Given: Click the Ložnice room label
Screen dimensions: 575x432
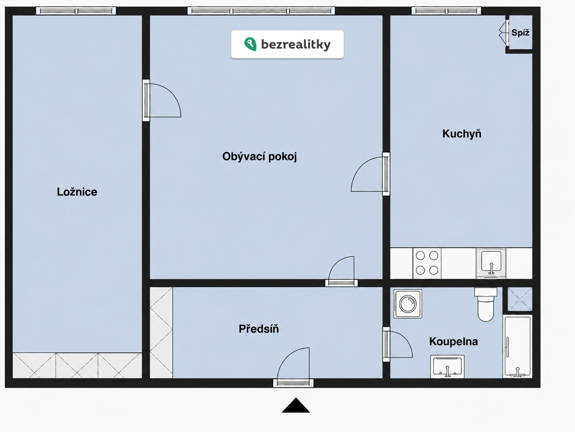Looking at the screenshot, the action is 77,192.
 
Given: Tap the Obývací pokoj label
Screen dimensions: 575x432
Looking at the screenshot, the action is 260,157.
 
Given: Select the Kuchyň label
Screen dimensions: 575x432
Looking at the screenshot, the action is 462,134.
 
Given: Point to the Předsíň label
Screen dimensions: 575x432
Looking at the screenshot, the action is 259,329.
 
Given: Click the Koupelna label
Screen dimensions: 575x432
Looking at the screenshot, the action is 453,342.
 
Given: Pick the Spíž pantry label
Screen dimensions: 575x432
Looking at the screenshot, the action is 521,33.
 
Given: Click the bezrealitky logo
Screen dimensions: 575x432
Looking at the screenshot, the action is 287,44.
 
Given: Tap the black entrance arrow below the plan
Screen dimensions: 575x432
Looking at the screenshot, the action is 296,405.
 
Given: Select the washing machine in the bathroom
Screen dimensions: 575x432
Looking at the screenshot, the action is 407,304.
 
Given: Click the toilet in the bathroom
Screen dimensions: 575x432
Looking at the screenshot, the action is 486,304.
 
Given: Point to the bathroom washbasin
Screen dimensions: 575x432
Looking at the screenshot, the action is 448,367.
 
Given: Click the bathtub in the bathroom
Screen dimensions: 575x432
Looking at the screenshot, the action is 517,346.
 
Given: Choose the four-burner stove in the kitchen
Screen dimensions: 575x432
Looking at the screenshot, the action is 427,263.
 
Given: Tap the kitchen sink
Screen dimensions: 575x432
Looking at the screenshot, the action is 491,263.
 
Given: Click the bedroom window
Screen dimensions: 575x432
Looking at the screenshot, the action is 76,11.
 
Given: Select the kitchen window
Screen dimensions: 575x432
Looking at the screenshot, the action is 446,11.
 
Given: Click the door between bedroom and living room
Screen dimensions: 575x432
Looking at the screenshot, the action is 162,100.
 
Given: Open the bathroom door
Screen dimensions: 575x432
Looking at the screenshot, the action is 397,344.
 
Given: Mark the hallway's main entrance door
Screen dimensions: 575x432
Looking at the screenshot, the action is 293,367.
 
